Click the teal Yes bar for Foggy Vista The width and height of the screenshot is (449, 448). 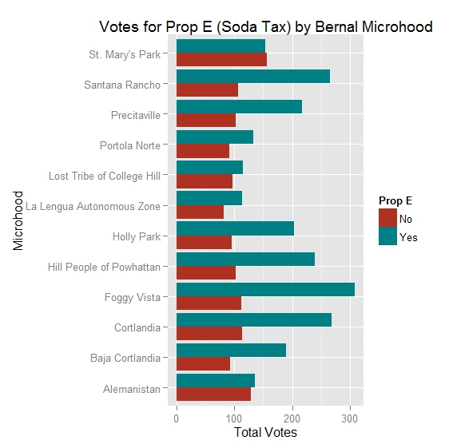click(265, 290)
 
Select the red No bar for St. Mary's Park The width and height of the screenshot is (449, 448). click(221, 60)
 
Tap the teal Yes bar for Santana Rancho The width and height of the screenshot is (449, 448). click(252, 76)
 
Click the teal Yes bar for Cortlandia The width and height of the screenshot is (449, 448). click(253, 320)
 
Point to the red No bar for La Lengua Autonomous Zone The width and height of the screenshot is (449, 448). click(200, 212)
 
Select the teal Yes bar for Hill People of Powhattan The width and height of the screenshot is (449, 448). click(245, 259)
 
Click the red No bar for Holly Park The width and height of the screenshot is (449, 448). click(204, 243)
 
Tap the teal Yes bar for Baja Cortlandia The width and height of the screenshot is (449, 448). click(231, 351)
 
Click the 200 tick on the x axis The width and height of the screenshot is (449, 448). click(292, 417)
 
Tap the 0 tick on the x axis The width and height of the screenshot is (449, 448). click(177, 417)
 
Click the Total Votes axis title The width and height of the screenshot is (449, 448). click(264, 433)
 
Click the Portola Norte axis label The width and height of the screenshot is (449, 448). click(129, 145)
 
